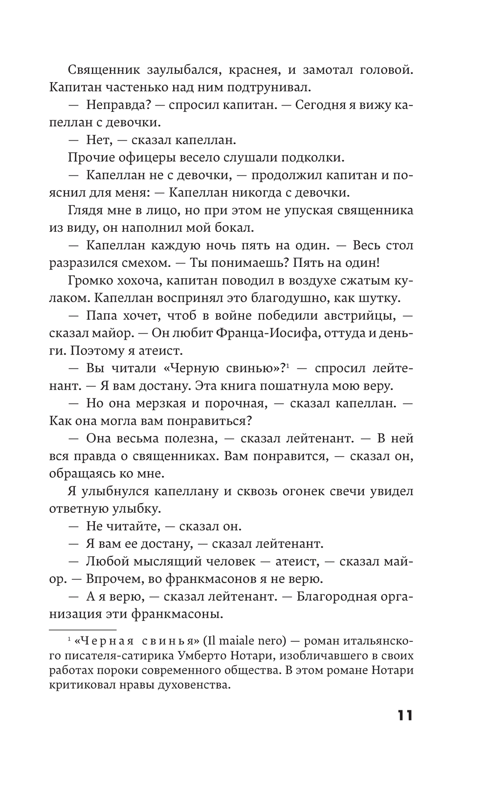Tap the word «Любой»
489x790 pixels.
click(106, 562)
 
